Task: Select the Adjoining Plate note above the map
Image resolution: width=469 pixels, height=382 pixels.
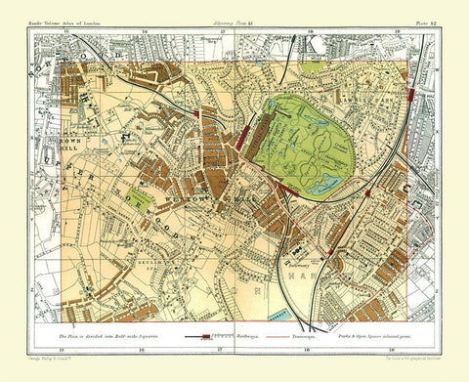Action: pyautogui.click(x=234, y=22)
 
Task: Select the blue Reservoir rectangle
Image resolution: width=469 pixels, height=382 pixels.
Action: pyautogui.click(x=283, y=315)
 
